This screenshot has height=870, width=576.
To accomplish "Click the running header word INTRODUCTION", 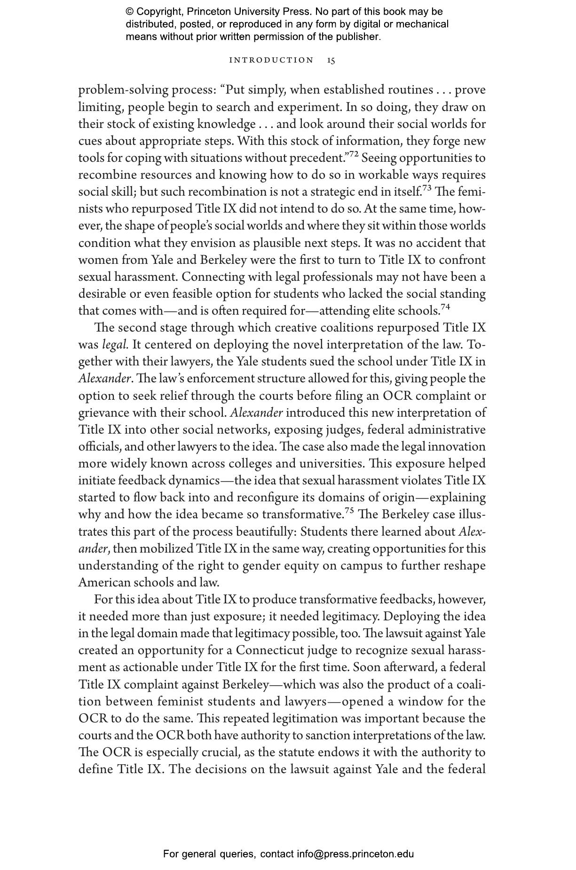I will tap(271, 60).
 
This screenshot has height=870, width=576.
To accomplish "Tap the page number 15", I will tap(331, 60).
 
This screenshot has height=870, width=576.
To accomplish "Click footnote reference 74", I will tap(445, 307).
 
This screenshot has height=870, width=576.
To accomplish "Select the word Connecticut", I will tap(270, 650).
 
